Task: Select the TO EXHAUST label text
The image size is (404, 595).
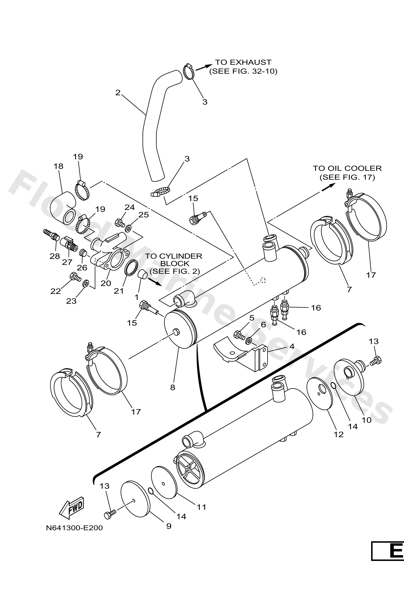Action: pyautogui.click(x=243, y=62)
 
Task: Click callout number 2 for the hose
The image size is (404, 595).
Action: pyautogui.click(x=118, y=92)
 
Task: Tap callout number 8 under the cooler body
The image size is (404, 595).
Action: pyautogui.click(x=173, y=387)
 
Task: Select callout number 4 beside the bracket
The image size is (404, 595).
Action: pyautogui.click(x=292, y=346)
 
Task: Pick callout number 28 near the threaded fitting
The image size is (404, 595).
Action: pyautogui.click(x=54, y=256)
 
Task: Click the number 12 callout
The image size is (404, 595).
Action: pyautogui.click(x=339, y=434)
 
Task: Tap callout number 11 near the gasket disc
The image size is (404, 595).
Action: pyautogui.click(x=201, y=507)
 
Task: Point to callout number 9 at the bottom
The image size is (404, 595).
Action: pyautogui.click(x=169, y=526)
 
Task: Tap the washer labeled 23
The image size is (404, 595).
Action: pyautogui.click(x=85, y=283)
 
